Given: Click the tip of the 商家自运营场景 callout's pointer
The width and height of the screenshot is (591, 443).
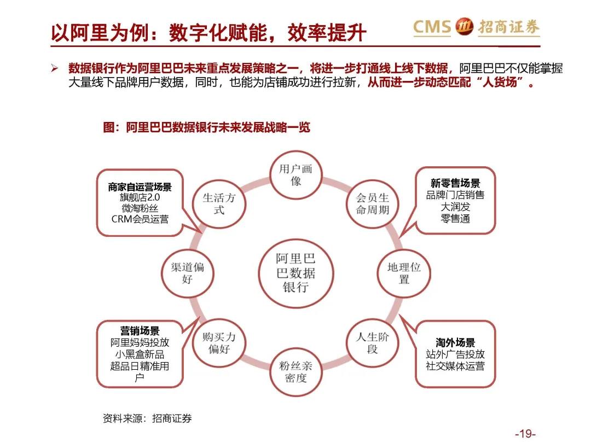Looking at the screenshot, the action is click(201, 233).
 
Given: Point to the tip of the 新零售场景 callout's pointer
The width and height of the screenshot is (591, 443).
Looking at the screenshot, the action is click(399, 237).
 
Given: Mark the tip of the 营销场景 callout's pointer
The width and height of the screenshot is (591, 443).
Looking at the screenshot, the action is click(199, 317).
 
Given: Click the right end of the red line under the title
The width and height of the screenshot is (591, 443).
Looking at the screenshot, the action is click(541, 46).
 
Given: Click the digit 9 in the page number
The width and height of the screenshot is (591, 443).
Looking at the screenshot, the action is click(528, 434).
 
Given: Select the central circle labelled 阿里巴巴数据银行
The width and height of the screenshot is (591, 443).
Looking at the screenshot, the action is click(296, 273).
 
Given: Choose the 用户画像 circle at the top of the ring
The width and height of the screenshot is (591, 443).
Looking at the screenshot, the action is click(296, 175).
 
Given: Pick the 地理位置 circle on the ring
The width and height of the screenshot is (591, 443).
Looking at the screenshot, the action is click(404, 273).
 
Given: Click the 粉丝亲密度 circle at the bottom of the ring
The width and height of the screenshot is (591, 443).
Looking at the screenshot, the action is click(296, 372).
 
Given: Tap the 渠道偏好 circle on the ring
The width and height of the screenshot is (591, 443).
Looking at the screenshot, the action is click(187, 273).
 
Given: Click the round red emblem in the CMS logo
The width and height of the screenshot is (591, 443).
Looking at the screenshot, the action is click(464, 26).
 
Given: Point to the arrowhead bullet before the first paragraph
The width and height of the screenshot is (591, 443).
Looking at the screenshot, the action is click(55, 68).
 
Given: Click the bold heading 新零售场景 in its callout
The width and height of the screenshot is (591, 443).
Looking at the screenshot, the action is click(455, 183).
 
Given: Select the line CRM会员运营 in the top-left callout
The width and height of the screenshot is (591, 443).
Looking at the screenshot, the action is click(140, 219).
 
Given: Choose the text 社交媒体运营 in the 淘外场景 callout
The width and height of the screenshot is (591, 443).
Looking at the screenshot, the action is click(455, 366).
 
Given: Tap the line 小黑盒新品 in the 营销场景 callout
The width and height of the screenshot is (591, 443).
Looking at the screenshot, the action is click(140, 354).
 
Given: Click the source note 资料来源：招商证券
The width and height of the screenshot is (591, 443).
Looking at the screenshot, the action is click(147, 418).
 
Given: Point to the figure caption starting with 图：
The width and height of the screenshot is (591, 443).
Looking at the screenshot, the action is click(206, 127).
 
